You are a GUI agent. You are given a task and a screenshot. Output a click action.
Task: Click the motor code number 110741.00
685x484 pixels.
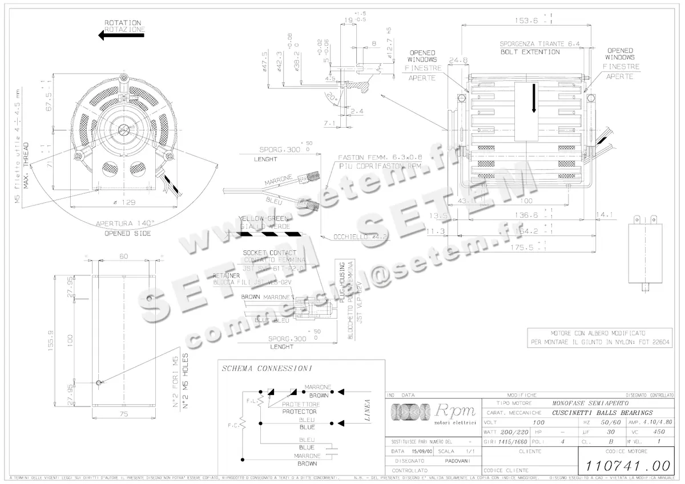(x=622, y=465)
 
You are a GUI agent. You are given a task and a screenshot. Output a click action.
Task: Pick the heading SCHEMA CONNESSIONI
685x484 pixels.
(x=261, y=369)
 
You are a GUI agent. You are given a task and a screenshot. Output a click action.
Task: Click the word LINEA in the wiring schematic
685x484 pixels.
(x=368, y=409)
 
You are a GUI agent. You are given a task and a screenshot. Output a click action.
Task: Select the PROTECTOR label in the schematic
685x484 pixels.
(x=300, y=411)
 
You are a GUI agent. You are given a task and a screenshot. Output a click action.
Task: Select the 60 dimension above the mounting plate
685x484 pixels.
(x=123, y=256)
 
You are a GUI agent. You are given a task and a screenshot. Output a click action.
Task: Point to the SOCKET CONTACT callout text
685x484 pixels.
(x=269, y=253)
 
